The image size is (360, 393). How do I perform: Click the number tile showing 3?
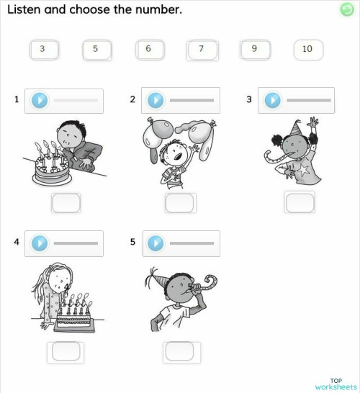point(42,50)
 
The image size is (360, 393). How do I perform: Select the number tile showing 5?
point(95,50)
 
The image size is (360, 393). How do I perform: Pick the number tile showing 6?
point(148,50)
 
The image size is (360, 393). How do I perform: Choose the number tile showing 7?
point(202,50)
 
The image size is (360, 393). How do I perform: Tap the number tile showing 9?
point(254,50)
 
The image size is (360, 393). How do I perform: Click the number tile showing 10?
point(307,50)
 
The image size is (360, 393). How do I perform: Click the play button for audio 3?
point(272,100)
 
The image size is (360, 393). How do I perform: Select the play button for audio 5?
point(156,243)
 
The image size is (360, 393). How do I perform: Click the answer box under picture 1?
point(66,204)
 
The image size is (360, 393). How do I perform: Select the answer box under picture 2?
point(180,204)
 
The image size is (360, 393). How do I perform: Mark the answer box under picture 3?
point(300,204)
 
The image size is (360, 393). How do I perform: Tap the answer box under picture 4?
point(66,351)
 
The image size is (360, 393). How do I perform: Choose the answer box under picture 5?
point(179,351)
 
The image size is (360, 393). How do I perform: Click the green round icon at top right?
point(346,9)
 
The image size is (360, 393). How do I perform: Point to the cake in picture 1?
point(50,171)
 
